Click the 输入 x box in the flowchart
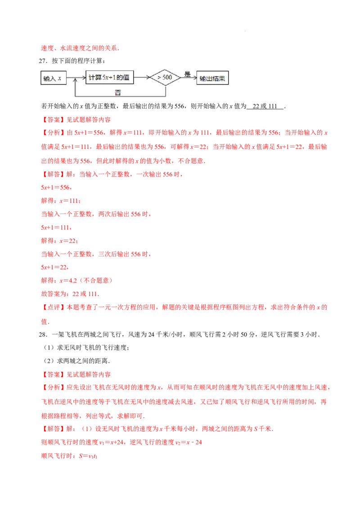53,78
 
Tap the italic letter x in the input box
59,79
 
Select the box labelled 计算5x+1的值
110,78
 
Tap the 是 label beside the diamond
188,74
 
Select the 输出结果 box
213,78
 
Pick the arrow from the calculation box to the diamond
142,78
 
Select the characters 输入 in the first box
49,79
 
